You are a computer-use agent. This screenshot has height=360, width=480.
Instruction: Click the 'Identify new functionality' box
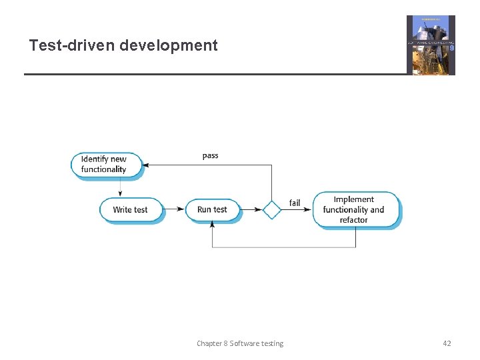[107, 164]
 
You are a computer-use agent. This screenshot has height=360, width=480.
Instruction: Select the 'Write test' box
[131, 209]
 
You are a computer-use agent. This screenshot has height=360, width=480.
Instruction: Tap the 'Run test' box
[212, 209]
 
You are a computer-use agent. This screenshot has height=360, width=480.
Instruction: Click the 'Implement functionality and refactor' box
[357, 209]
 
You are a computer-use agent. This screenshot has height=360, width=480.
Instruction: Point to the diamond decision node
[271, 209]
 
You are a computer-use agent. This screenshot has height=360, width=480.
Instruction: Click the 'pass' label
[210, 156]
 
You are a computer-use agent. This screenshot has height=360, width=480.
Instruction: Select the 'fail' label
[294, 203]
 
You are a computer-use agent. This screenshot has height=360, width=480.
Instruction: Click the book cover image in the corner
[431, 45]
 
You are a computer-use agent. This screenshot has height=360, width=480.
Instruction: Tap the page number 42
[447, 343]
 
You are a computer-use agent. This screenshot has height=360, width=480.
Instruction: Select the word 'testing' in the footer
[270, 343]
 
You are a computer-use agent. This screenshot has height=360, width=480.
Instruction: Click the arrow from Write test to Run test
[174, 209]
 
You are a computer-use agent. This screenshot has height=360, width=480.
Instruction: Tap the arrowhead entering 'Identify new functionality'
[148, 165]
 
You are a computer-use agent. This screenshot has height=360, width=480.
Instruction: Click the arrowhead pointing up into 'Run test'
[212, 225]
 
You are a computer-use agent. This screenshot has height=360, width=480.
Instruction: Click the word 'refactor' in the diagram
[353, 220]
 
